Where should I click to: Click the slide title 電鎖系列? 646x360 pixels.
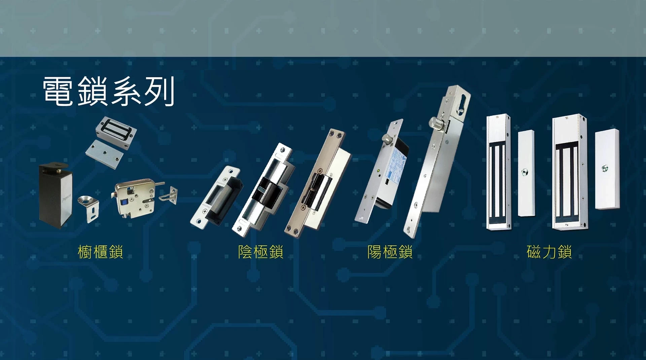(x=108, y=91)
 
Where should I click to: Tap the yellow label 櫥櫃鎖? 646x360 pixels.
(x=100, y=252)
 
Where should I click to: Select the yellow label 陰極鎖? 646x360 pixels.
(x=261, y=252)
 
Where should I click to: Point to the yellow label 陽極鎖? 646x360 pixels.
(x=390, y=252)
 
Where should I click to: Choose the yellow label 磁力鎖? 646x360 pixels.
(x=549, y=252)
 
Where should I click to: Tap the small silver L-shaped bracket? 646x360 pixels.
(x=89, y=209)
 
